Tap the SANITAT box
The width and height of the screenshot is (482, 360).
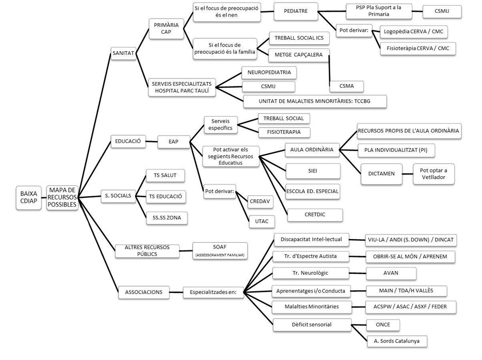click(123, 52)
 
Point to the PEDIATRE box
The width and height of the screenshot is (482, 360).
click(295, 11)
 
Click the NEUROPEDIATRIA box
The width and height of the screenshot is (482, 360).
click(269, 73)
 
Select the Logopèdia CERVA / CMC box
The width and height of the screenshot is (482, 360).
click(413, 32)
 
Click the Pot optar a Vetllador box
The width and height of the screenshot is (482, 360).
click(433, 174)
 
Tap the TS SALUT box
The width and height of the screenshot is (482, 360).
click(162, 176)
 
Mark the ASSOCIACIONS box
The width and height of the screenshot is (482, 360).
click(143, 292)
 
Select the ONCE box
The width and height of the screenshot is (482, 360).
click(383, 324)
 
